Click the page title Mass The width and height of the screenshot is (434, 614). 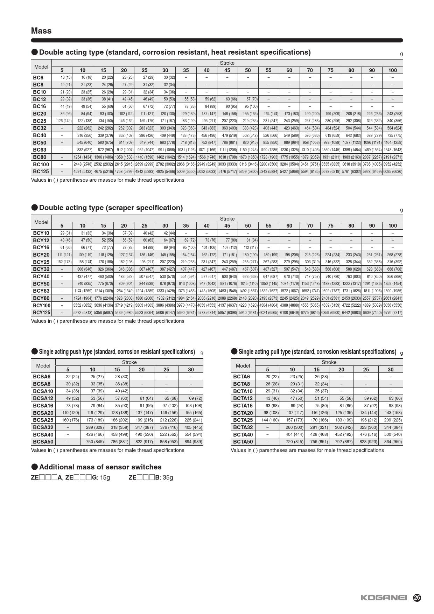click(x=41, y=31)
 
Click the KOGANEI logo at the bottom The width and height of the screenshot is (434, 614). click(x=384, y=598)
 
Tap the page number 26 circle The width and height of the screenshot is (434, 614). click(x=417, y=598)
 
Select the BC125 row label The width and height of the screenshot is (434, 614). click(x=41, y=172)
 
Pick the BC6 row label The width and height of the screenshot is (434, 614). click(x=38, y=77)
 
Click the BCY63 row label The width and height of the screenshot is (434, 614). click(x=41, y=291)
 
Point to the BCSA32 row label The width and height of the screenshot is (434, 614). click(x=43, y=427)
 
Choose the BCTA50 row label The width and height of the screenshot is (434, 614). click(x=243, y=442)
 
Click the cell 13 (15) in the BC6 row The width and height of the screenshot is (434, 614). click(x=66, y=77)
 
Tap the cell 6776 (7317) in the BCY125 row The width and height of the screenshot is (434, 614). click(x=393, y=313)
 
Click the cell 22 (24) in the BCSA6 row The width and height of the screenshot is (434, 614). click(x=72, y=377)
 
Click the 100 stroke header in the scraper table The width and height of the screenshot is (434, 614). click(x=393, y=226)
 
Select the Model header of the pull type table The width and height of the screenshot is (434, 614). click(x=243, y=366)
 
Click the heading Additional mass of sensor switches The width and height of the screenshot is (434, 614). click(x=100, y=467)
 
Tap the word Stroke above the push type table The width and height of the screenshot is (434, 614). click(x=129, y=362)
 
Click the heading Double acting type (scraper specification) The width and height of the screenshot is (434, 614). click(x=111, y=208)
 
